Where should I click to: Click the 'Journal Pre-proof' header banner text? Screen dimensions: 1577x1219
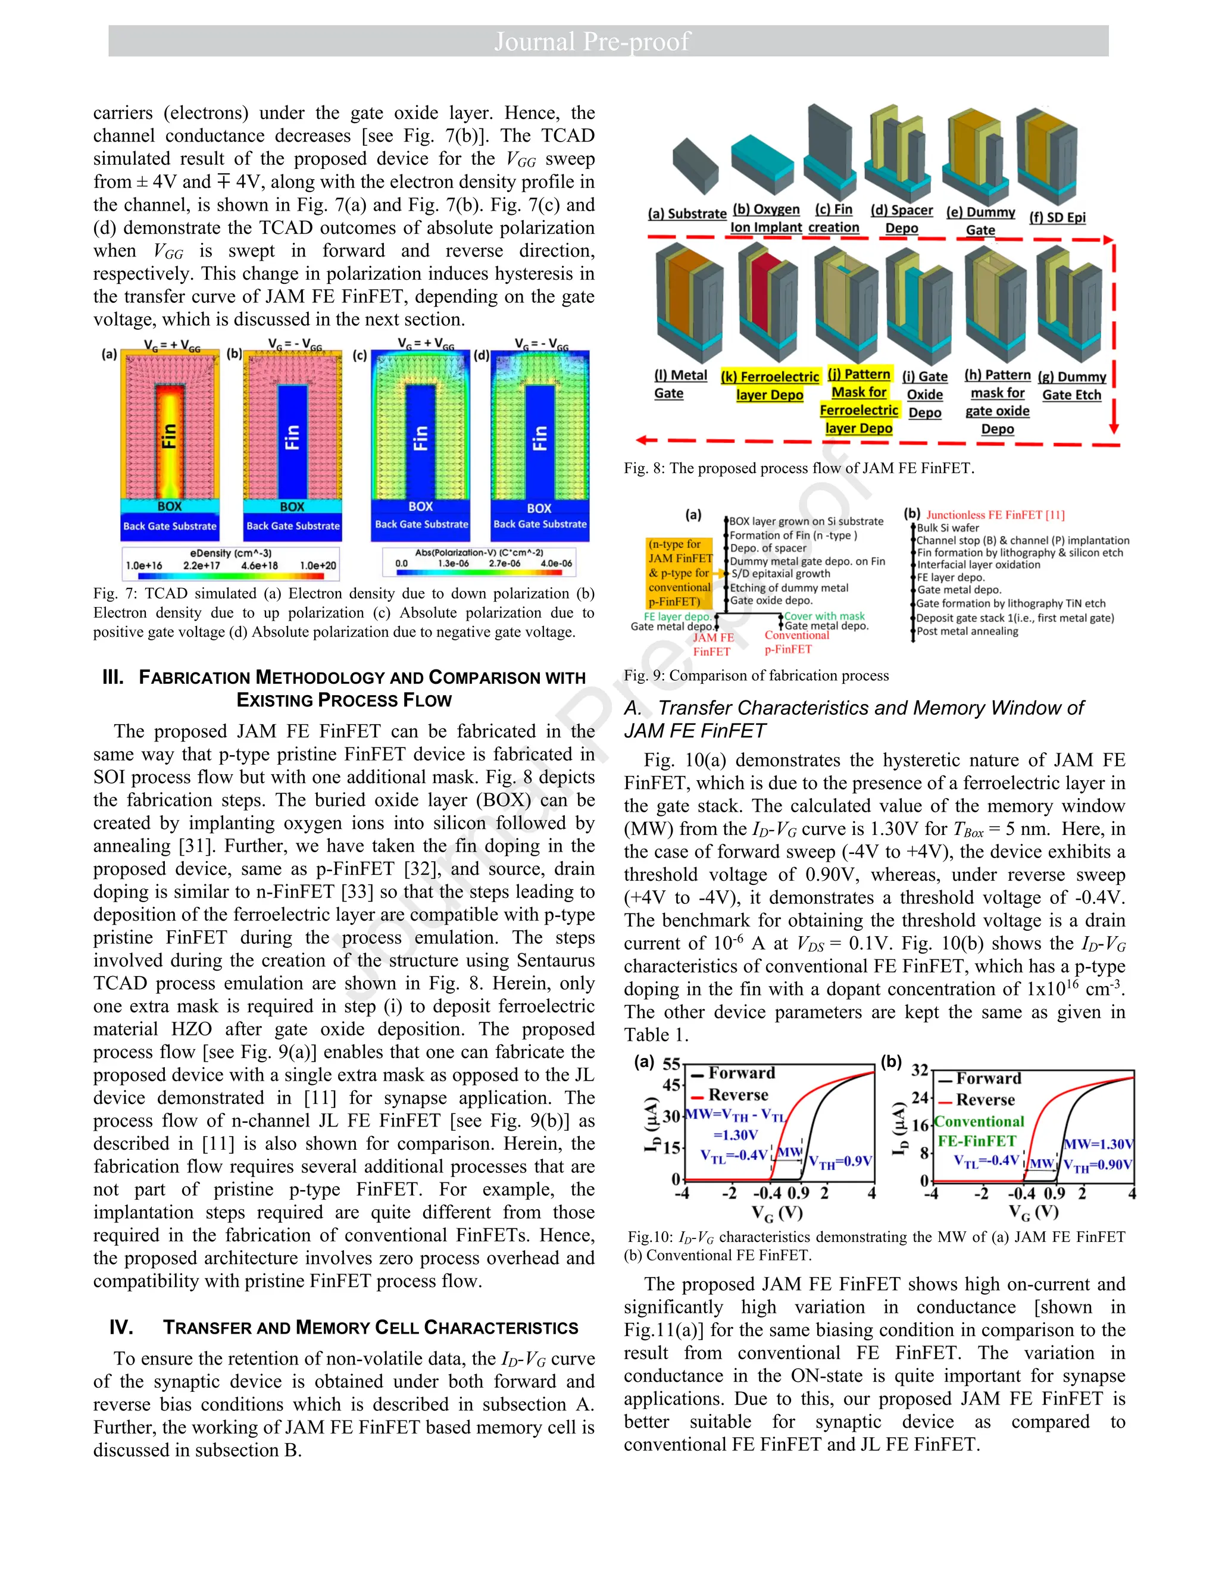click(592, 41)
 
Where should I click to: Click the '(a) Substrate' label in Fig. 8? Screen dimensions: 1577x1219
click(687, 214)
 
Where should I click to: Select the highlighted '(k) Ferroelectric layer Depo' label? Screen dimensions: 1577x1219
click(770, 386)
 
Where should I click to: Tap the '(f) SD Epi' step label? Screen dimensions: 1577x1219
click(1057, 217)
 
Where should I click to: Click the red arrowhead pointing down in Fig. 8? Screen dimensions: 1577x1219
click(1114, 427)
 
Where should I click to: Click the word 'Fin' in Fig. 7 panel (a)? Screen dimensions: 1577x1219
click(168, 437)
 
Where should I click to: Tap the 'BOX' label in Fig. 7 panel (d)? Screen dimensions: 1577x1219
click(539, 508)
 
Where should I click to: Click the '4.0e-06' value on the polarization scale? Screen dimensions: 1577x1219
click(556, 563)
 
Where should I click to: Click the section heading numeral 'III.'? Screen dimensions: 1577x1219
click(113, 677)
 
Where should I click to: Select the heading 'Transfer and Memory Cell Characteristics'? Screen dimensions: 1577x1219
click(370, 1328)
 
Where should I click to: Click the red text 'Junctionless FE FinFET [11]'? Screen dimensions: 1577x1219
click(995, 515)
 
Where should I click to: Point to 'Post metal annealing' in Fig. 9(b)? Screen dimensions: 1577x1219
click(968, 631)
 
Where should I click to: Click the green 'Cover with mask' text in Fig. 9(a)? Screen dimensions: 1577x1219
click(825, 616)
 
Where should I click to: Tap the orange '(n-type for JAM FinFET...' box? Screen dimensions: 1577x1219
click(679, 572)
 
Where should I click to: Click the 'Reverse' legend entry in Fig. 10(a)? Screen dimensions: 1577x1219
click(738, 1094)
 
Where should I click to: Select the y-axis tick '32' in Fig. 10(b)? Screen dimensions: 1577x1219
click(918, 1069)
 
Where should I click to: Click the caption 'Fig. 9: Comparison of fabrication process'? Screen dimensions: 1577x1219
click(756, 676)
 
